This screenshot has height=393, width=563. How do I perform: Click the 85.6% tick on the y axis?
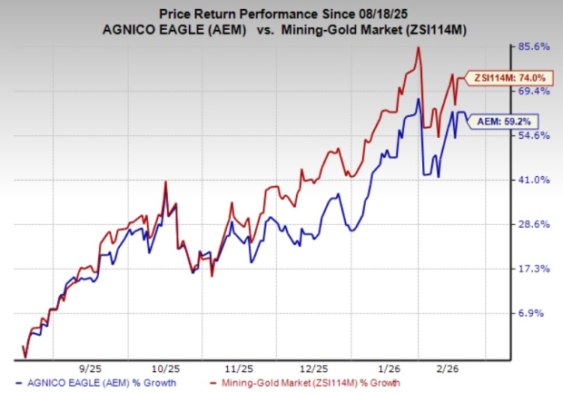click(x=529, y=46)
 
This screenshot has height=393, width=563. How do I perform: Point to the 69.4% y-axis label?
click(x=529, y=91)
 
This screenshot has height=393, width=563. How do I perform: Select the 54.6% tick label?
click(x=529, y=135)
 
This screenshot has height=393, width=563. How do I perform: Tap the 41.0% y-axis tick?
click(x=529, y=180)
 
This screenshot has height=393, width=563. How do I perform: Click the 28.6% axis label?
click(x=529, y=224)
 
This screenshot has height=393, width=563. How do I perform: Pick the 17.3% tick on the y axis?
click(x=529, y=269)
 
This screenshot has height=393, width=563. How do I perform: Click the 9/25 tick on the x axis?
click(x=91, y=369)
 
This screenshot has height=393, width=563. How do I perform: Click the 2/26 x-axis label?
click(x=455, y=369)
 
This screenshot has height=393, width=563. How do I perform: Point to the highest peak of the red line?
click(x=419, y=48)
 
